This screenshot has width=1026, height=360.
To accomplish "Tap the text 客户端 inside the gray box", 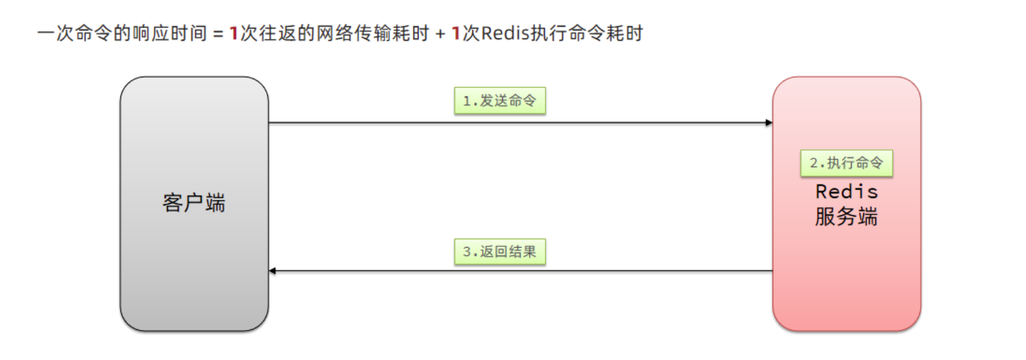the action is [194, 203].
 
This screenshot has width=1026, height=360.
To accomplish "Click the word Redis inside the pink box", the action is [847, 191].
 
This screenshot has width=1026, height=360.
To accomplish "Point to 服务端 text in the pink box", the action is [846, 217].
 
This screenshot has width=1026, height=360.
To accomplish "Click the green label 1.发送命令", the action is [500, 101].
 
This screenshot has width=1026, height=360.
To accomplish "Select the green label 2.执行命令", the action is [846, 163].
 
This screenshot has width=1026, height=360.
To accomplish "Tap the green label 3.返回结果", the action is [500, 251].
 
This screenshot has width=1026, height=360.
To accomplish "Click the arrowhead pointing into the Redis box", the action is [769, 123].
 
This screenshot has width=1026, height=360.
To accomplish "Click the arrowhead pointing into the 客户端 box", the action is [272, 271].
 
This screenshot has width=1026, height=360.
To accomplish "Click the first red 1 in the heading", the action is [234, 33].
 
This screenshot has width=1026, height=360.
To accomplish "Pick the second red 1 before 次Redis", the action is [456, 33].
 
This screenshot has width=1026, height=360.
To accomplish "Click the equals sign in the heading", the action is [218, 34].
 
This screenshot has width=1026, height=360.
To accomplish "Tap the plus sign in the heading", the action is [440, 34].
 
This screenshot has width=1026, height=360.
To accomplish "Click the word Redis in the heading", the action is [505, 33].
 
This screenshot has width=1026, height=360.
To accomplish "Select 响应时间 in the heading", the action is [170, 33].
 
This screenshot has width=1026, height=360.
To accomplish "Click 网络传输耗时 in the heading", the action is [373, 33].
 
